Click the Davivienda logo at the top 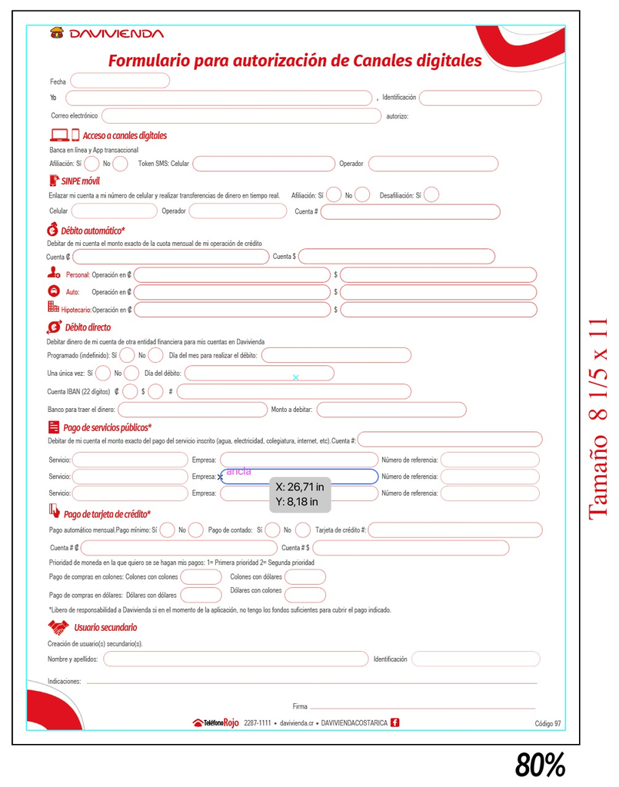107,33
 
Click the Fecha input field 120,81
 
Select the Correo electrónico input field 241,116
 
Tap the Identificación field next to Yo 480,98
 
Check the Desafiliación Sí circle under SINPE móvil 431,195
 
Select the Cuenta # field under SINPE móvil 410,211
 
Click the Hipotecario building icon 53,308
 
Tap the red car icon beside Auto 53,291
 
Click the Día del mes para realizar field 336,355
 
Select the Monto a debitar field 391,410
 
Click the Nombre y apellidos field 236,659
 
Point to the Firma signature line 422,706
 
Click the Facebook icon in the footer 395,722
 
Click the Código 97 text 547,723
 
